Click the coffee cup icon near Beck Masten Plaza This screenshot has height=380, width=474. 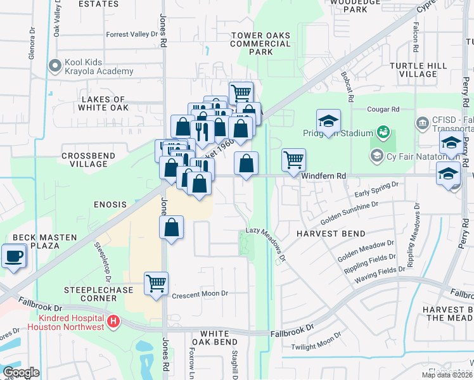click(x=13, y=256)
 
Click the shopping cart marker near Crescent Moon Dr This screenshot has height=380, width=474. click(x=156, y=283)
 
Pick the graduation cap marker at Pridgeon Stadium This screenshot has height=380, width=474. click(x=328, y=120)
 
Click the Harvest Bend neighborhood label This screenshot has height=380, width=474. click(x=327, y=233)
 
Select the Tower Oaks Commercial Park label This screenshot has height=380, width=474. click(x=260, y=44)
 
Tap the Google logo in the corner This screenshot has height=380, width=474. click(x=20, y=372)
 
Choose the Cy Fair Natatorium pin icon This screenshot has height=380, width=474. click(x=376, y=155)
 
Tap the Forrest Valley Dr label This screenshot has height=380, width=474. click(x=131, y=35)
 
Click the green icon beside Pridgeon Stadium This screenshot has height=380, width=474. click(x=383, y=132)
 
